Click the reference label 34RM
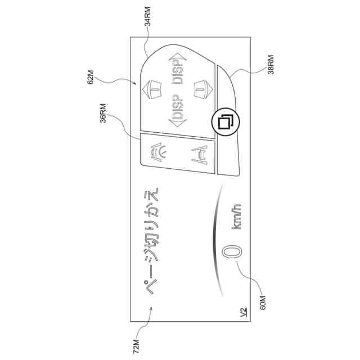[148, 16]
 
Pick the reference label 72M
[136, 344]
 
